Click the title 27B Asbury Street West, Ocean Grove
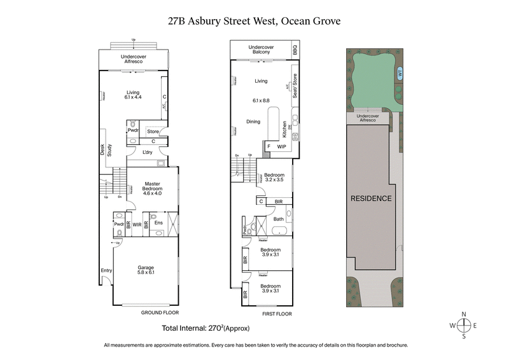pos(254,20)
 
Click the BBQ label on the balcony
pos(295,49)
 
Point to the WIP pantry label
pos(281,146)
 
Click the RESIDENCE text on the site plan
pos(371,198)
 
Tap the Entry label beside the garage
pos(106,272)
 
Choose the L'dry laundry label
pos(148,153)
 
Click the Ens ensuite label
pos(158,223)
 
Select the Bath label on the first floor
pos(279,219)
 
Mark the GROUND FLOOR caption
pos(160,313)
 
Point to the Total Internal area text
pos(207,328)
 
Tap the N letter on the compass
pos(464,314)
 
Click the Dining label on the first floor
pos(253,121)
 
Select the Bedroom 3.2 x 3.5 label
pos(274,177)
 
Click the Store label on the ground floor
pos(153,132)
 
